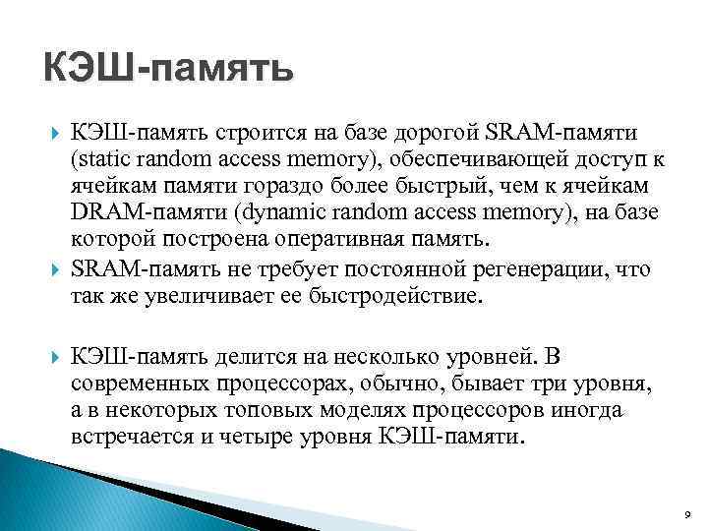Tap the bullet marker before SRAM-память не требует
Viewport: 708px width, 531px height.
(50, 269)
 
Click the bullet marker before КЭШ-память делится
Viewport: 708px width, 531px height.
(50, 353)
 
